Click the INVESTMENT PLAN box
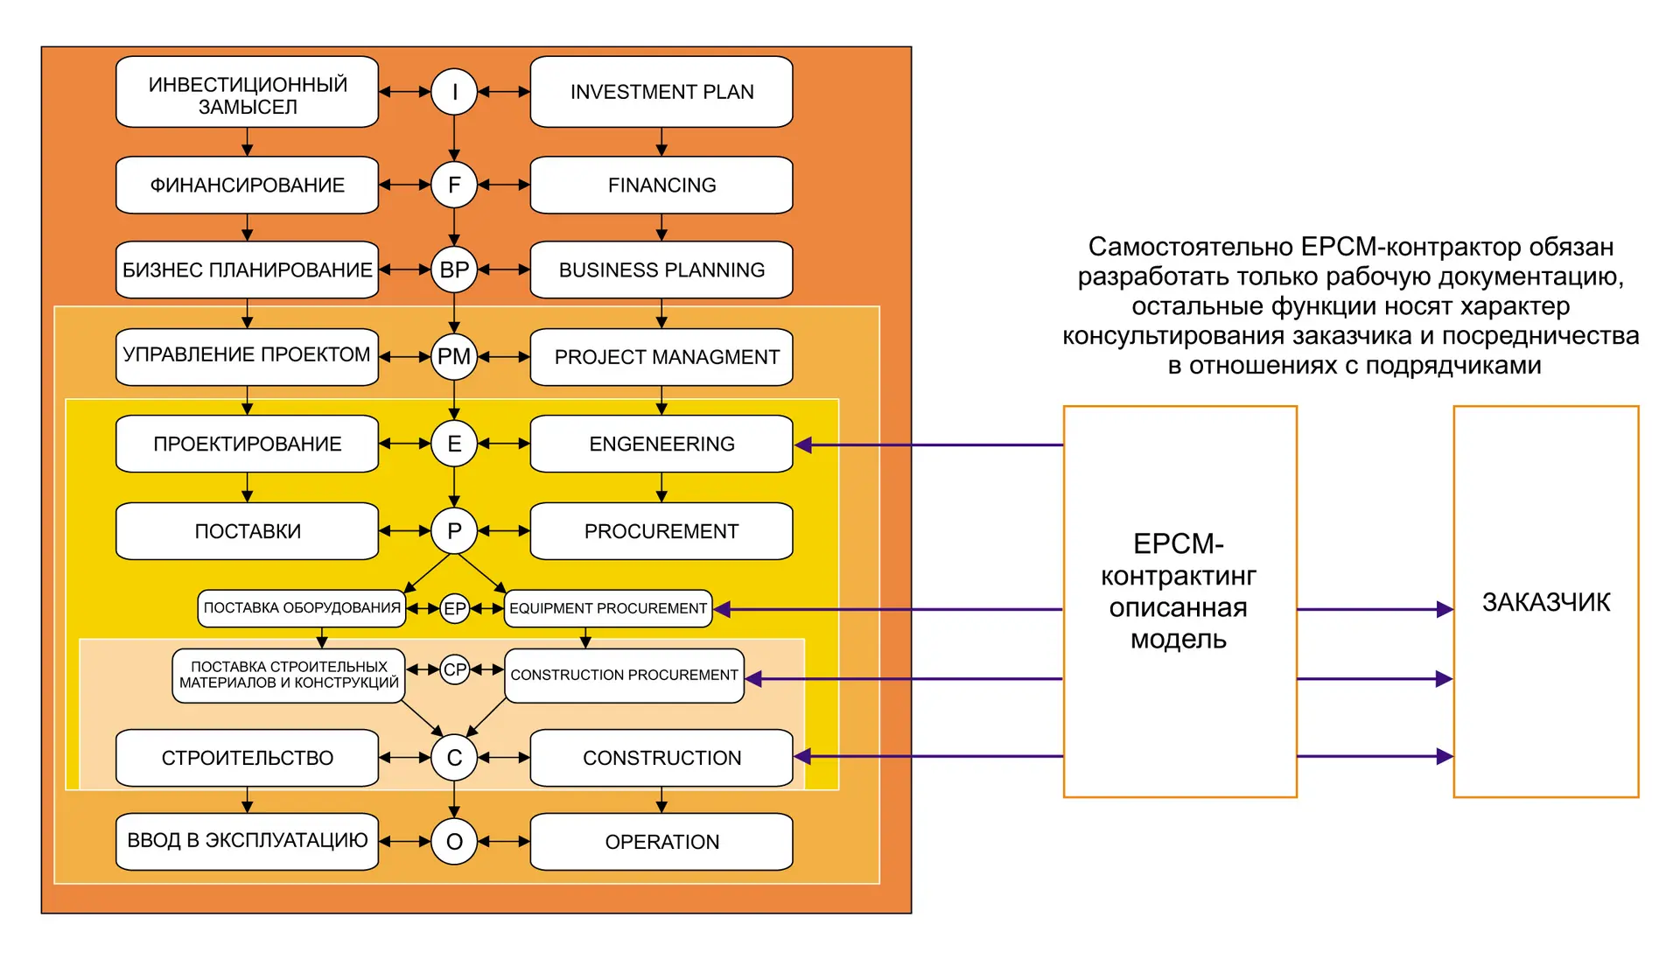click(x=661, y=92)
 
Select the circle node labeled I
click(x=454, y=92)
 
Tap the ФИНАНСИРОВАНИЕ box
click(x=248, y=185)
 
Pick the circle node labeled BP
click(x=454, y=270)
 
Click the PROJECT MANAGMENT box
click(x=661, y=357)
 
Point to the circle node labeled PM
click(x=454, y=357)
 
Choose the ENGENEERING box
click(x=661, y=444)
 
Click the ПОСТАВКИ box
click(x=248, y=531)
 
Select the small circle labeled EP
click(x=455, y=608)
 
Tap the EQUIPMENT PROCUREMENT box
click(x=608, y=608)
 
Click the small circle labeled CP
click(x=455, y=669)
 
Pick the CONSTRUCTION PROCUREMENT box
click(x=625, y=676)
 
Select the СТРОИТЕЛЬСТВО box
click(x=248, y=758)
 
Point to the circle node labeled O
click(x=454, y=842)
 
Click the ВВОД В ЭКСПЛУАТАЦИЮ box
click(x=248, y=842)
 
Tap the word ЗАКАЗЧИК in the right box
click(x=1546, y=602)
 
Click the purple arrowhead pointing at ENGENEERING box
click(x=803, y=445)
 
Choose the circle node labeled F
click(x=454, y=185)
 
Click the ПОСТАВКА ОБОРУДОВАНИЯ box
click(x=302, y=608)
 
